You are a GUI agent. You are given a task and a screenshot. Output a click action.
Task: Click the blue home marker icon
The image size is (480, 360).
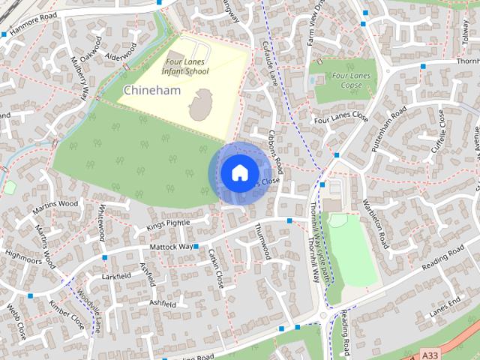pyautogui.click(x=238, y=172)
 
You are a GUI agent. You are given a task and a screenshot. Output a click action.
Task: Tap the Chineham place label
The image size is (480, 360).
pyautogui.click(x=149, y=90)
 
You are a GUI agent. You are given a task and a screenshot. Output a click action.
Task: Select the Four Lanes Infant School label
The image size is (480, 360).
pyautogui.click(x=187, y=68)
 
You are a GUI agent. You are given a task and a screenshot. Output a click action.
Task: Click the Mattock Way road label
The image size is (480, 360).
pyautogui.click(x=171, y=246)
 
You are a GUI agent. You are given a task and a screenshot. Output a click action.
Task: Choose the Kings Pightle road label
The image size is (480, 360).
pyautogui.click(x=169, y=223)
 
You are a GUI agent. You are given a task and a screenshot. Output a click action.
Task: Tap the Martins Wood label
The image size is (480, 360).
pyautogui.click(x=57, y=203)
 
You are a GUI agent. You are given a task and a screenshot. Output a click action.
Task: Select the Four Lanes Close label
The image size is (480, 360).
pyautogui.click(x=341, y=118)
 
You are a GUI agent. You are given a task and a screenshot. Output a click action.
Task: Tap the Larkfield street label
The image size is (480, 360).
pyautogui.click(x=116, y=277)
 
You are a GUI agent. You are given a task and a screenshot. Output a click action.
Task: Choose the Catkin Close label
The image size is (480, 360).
pyautogui.click(x=216, y=268)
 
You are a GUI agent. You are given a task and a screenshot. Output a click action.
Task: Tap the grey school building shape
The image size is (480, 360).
pyautogui.click(x=200, y=105)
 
